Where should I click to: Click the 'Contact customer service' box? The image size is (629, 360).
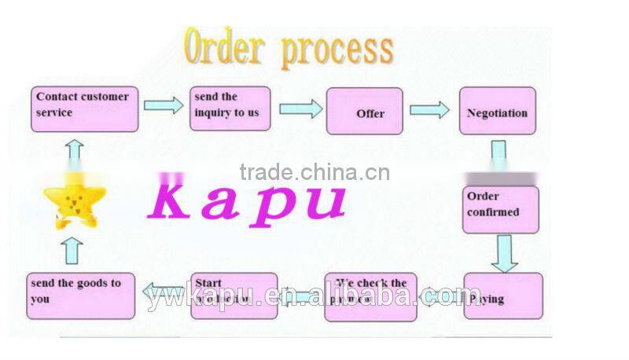click(x=85, y=108)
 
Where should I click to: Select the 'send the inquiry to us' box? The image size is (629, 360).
click(x=229, y=109)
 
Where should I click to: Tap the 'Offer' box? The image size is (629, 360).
click(x=364, y=112)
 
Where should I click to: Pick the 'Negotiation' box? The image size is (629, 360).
click(x=497, y=111)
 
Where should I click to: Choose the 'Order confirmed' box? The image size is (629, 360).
click(x=500, y=209)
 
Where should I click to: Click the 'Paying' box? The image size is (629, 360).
click(x=502, y=296)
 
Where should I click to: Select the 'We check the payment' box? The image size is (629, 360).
click(x=370, y=297)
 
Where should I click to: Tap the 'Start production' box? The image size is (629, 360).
click(x=234, y=296)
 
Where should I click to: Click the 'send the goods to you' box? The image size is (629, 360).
click(x=80, y=296)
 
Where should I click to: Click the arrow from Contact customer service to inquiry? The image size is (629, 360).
click(x=163, y=105)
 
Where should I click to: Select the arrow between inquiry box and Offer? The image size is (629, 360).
click(x=300, y=108)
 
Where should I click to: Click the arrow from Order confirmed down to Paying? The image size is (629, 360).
click(x=503, y=252)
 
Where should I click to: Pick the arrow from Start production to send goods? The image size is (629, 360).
click(x=165, y=294)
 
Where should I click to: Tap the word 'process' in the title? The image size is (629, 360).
click(x=337, y=49)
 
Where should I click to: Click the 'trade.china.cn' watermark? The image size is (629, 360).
click(x=314, y=172)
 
